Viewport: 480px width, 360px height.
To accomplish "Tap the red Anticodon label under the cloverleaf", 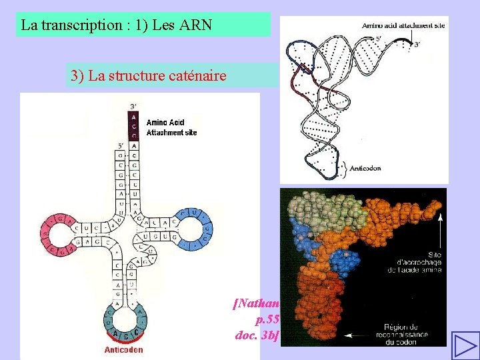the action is [123, 349].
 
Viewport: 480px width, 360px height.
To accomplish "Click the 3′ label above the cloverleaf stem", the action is [133, 107].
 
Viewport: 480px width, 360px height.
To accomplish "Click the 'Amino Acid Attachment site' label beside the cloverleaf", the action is [171, 127].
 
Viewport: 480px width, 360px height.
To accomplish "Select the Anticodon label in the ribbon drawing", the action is [365, 169].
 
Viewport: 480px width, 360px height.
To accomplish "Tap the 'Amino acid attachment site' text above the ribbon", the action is [403, 25].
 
